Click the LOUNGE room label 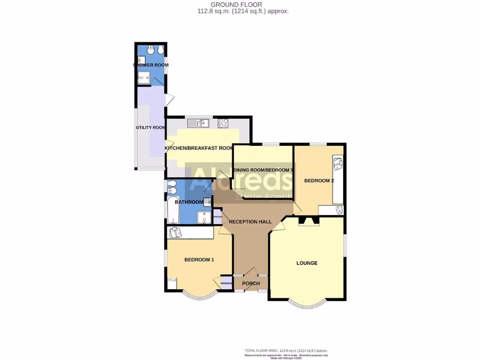pos(307,263)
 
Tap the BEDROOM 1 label pos(199,260)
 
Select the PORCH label pos(251,284)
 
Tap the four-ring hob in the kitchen pos(223,124)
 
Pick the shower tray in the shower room pos(144,78)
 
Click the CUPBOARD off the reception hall pos(217,217)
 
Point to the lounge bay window pos(307,304)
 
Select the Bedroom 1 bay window pos(199,295)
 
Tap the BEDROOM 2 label pos(319,180)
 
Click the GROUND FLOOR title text pos(243,5)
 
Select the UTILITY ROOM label pos(150,127)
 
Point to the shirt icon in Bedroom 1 pos(175,232)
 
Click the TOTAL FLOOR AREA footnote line pos(286,351)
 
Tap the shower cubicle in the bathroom pos(204,217)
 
